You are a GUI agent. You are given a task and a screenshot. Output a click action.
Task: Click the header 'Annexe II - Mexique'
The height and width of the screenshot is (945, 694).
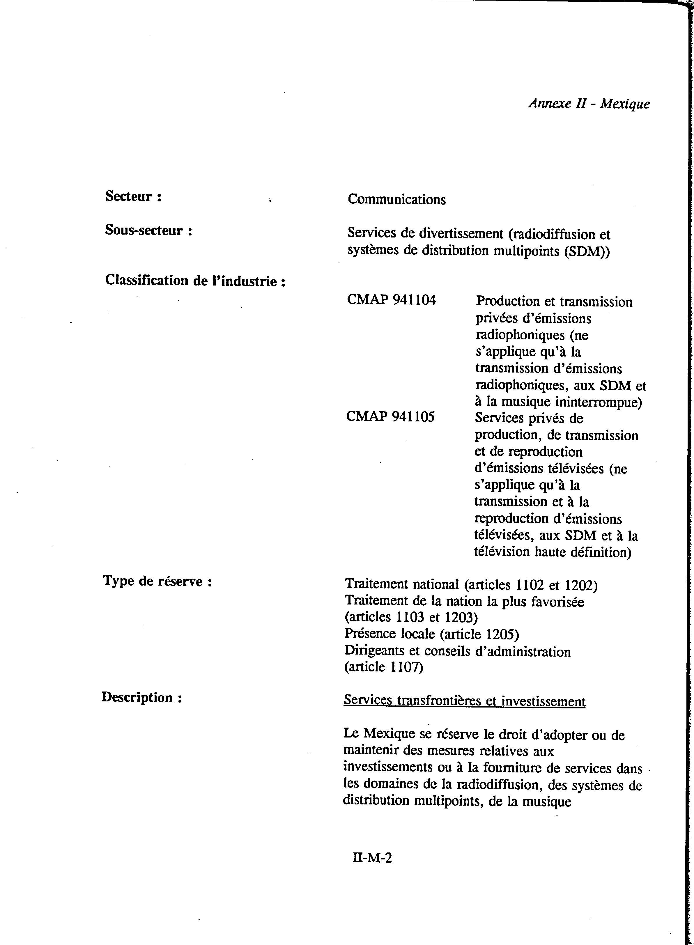(x=589, y=103)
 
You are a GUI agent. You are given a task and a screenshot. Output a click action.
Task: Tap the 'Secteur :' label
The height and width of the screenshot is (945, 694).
(x=133, y=196)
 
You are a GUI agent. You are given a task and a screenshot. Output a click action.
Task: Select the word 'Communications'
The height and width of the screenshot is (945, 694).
(x=396, y=199)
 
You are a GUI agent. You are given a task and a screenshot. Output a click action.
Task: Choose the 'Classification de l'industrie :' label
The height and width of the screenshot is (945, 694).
(x=195, y=281)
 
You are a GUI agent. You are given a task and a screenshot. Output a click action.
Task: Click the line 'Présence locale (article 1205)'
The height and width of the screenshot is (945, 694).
(x=431, y=634)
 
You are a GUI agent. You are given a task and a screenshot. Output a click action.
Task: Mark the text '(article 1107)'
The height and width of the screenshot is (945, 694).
(x=383, y=667)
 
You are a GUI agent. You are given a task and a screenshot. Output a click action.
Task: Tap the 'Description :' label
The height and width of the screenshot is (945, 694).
(x=141, y=697)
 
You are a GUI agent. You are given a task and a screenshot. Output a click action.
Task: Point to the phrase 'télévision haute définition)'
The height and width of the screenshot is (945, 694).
(x=553, y=552)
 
